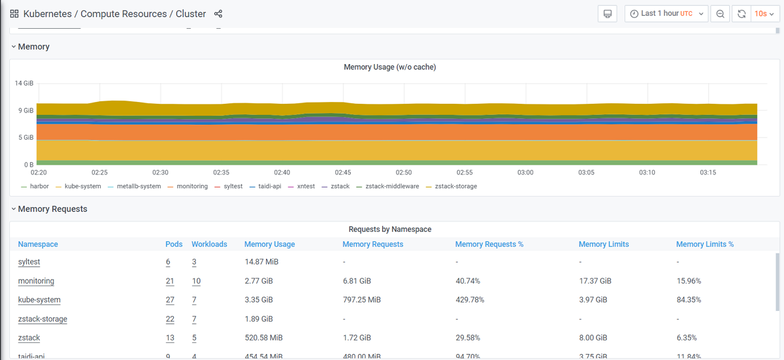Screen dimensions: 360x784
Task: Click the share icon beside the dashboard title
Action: pos(218,14)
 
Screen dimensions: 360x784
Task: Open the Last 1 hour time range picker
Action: pos(666,14)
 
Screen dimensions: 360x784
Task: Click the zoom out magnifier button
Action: pos(720,14)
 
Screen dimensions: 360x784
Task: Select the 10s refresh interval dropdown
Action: pos(764,14)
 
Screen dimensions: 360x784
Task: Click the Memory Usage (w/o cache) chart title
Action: pos(389,67)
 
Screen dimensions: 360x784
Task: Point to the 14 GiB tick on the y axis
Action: pos(24,84)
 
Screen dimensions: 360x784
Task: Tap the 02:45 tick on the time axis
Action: pos(343,172)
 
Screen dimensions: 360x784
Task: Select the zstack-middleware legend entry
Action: pos(391,186)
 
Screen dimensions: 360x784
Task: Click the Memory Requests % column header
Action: pos(489,244)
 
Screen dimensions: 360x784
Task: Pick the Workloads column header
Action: pos(209,244)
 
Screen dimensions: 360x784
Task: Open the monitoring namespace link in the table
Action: pos(36,281)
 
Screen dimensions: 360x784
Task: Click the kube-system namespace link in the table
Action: pos(39,300)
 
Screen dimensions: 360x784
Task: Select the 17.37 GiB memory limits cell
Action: pos(595,281)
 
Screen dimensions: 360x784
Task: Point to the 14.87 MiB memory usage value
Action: pos(261,262)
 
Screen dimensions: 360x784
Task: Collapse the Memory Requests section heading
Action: pos(52,209)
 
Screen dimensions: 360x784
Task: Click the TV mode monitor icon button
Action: pos(608,14)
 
